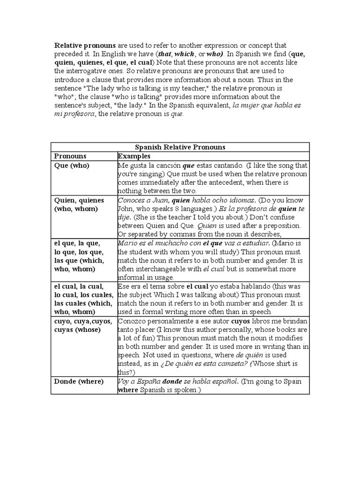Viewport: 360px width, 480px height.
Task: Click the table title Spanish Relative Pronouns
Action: [x=180, y=147]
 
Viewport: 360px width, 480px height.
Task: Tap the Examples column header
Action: [x=134, y=156]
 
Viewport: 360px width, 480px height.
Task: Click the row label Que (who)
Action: [x=72, y=165]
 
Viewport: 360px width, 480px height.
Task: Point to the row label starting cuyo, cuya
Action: [x=83, y=326]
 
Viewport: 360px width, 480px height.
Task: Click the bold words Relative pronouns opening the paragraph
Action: [x=85, y=45]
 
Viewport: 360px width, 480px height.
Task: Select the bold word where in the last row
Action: [x=129, y=390]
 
